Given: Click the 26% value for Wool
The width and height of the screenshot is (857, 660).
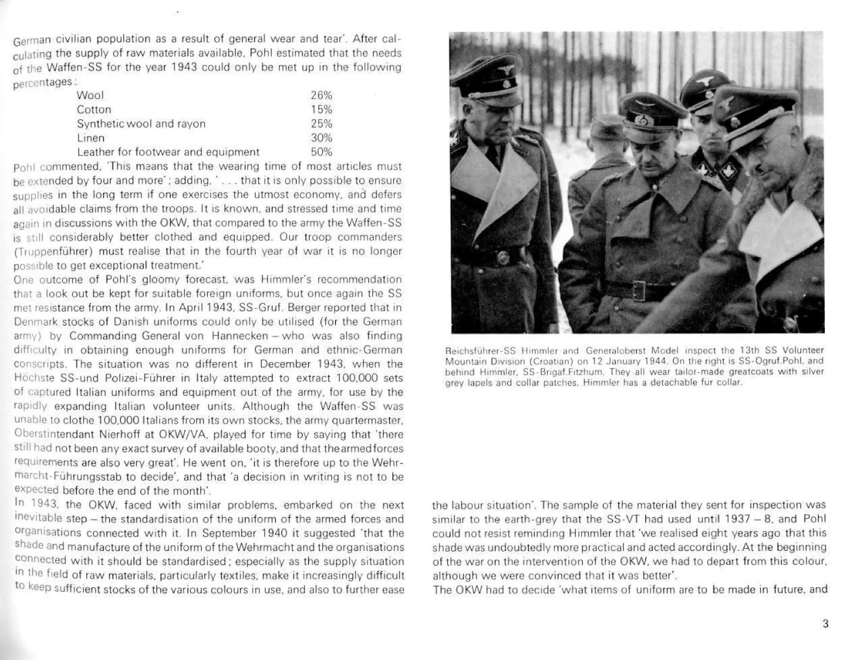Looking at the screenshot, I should click(321, 95).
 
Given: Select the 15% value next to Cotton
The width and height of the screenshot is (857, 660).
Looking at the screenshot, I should click(321, 110).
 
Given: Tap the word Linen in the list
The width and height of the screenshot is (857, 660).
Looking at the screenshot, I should click(90, 138).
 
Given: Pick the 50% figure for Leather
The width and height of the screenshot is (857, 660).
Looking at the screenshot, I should click(321, 152).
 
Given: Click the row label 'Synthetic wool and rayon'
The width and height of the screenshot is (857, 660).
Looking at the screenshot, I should click(141, 124).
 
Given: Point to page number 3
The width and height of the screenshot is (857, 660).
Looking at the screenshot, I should click(825, 624).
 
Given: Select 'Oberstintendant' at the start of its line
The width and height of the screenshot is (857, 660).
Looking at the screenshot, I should click(54, 435).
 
